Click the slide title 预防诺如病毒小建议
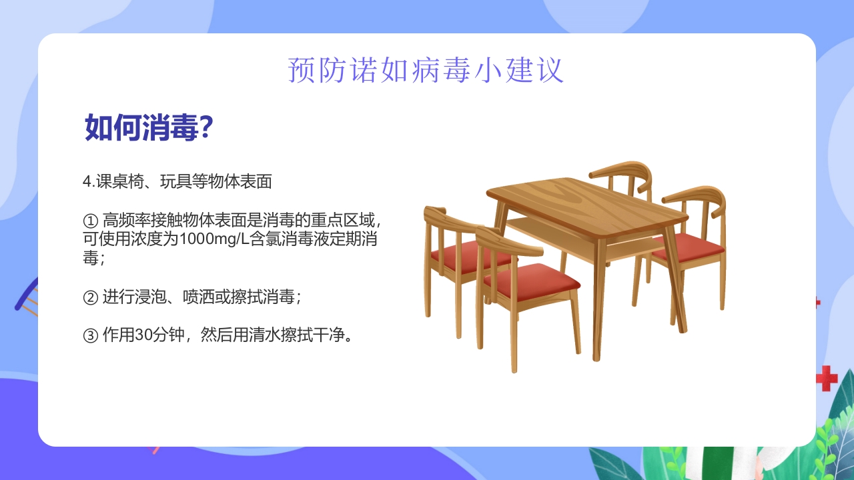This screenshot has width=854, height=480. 426,70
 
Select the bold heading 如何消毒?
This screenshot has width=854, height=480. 148,127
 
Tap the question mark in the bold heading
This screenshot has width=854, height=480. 206,127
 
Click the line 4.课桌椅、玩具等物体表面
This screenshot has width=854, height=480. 177,181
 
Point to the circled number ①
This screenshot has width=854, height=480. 90,220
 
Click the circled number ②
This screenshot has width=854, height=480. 90,297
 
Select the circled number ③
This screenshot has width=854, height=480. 90,335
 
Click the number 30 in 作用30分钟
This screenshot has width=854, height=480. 143,335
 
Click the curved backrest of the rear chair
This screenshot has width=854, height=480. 620,171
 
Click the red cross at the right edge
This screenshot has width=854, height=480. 827,377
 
